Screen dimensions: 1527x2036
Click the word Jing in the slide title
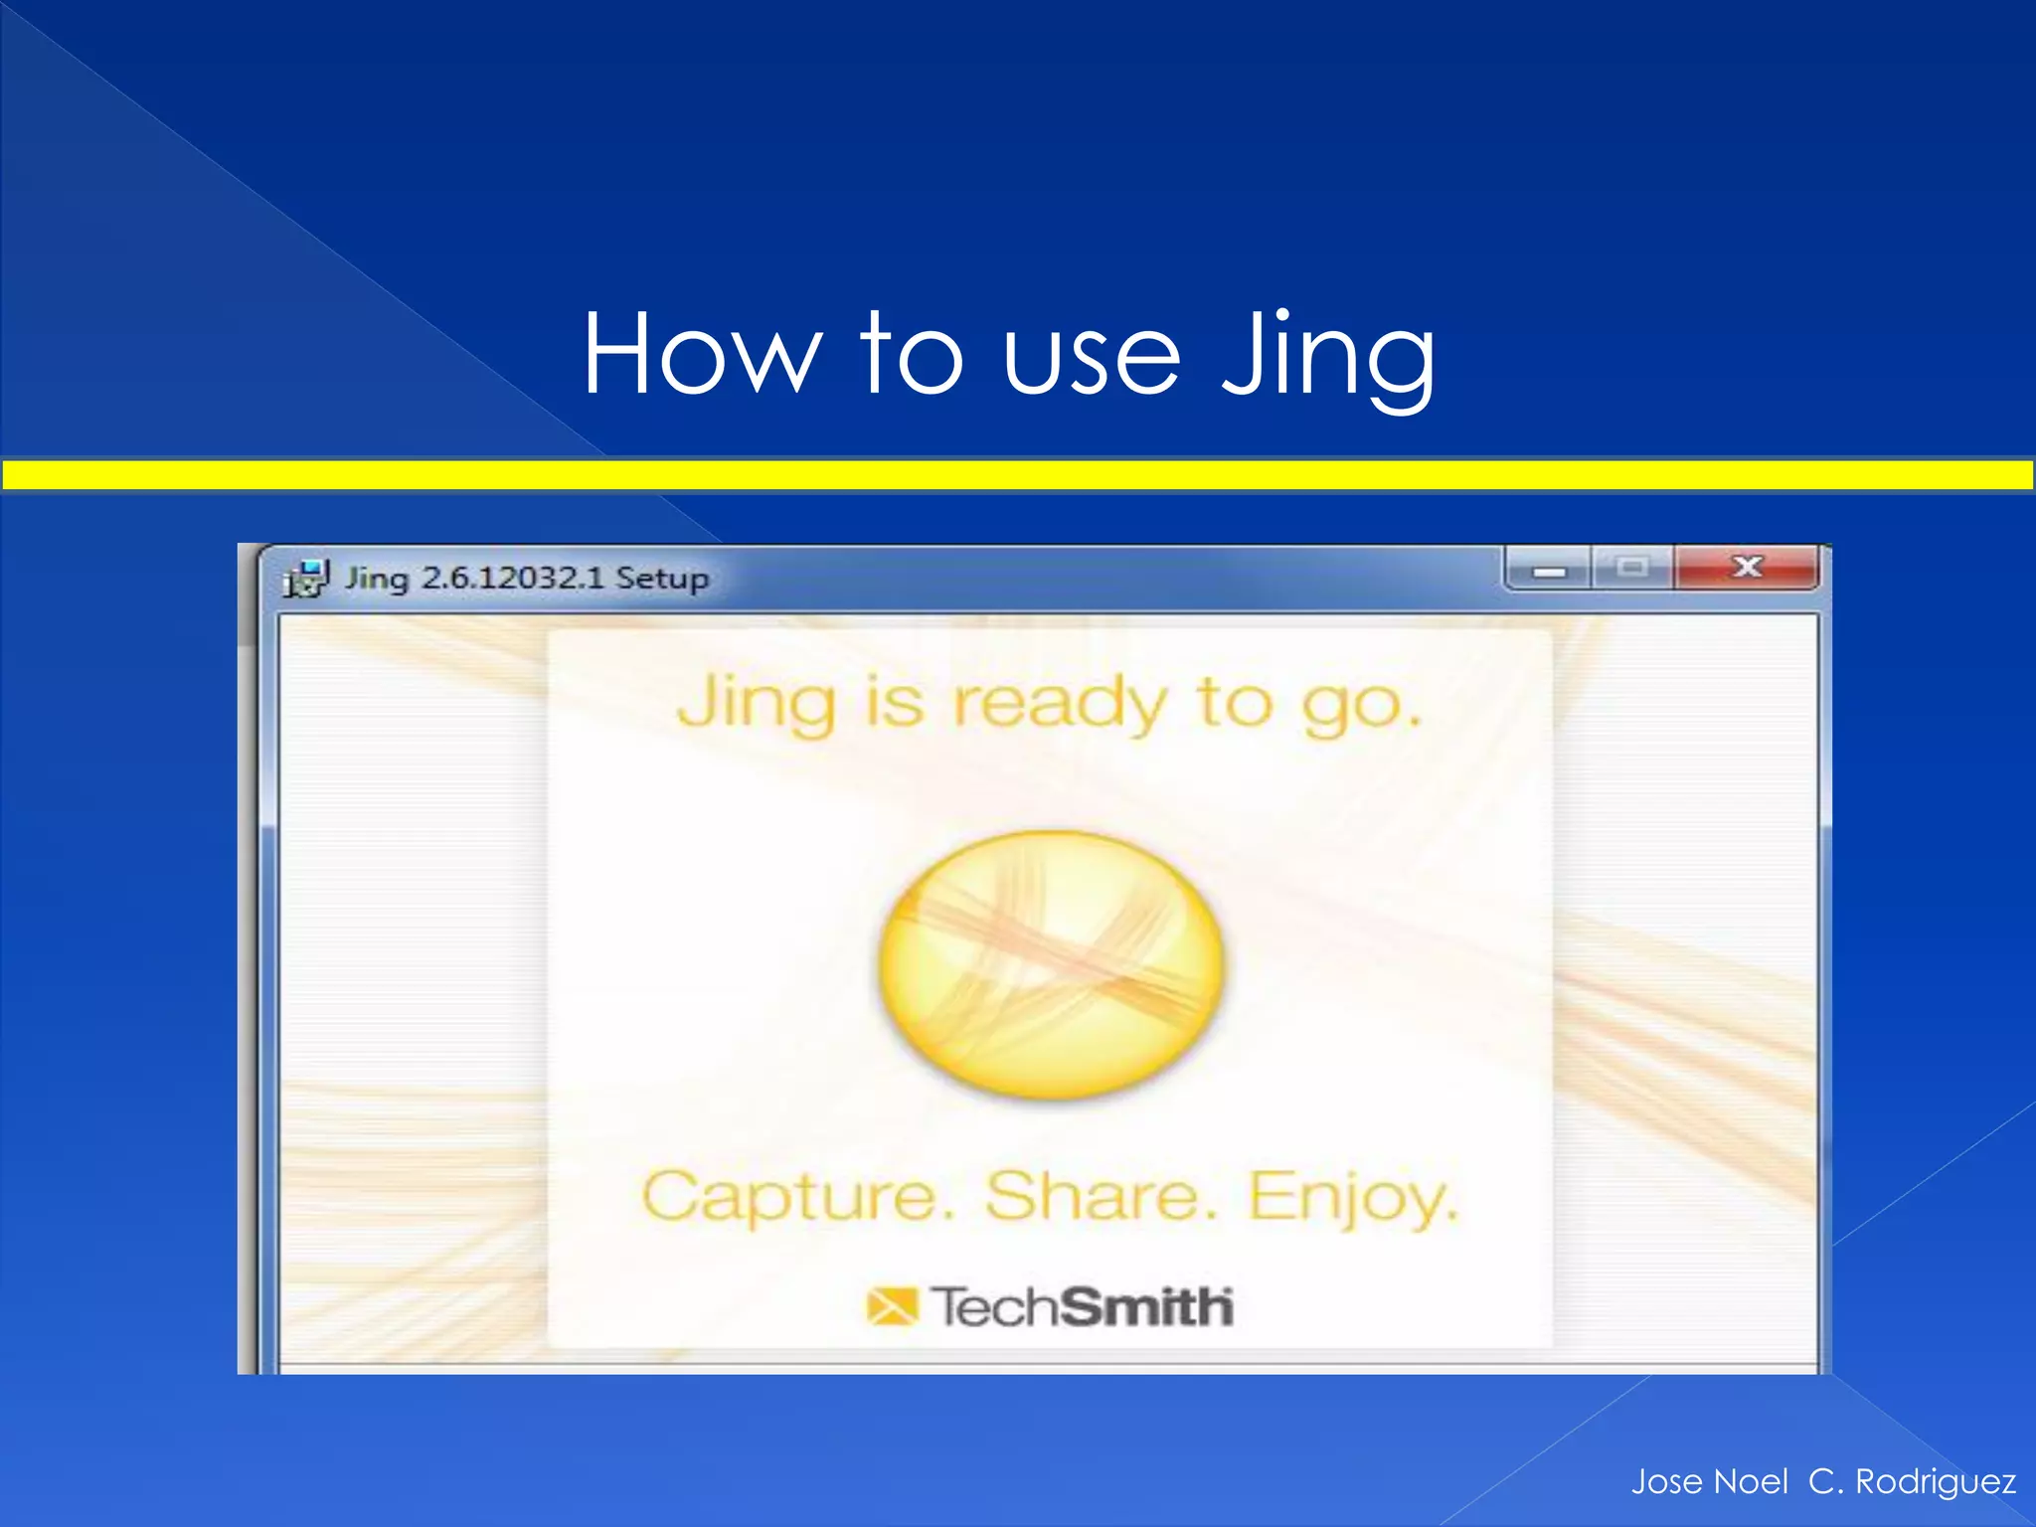pos(1327,356)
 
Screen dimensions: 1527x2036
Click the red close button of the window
pos(1747,568)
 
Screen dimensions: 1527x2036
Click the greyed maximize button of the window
pos(1631,569)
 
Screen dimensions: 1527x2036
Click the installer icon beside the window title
pos(306,578)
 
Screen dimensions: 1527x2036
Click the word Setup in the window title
pos(662,579)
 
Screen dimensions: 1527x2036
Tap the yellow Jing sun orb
pos(1051,964)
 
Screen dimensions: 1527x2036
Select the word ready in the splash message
pos(1059,704)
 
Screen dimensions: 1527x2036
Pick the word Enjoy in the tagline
pos(1352,1198)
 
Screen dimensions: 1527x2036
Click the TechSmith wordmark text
pos(1082,1306)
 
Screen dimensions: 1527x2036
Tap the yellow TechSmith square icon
pos(891,1306)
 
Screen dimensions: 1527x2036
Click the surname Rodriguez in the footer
pos(1936,1481)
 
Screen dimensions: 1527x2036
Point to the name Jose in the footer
pos(1667,1481)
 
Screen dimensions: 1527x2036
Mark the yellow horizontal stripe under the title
pos(1018,475)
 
